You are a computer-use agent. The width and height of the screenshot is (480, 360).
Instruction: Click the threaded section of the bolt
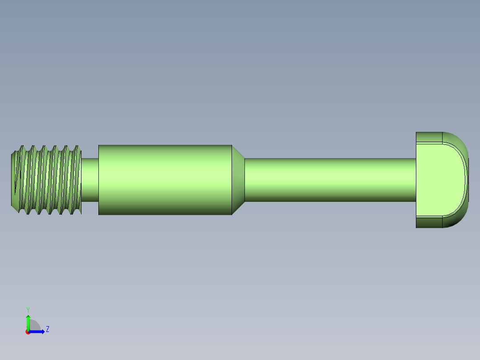point(47,180)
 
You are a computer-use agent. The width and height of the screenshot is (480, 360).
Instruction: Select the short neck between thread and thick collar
point(89,180)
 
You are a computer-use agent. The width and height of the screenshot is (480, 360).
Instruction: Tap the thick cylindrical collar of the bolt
point(165,180)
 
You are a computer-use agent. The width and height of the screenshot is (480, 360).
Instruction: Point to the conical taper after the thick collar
point(238,180)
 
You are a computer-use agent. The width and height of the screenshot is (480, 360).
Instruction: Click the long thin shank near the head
point(329,180)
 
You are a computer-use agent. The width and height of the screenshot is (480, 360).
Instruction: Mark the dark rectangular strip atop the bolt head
point(429,137)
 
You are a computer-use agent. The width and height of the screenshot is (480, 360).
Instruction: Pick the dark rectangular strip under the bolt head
point(429,222)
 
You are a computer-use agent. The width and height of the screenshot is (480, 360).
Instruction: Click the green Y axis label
point(28,309)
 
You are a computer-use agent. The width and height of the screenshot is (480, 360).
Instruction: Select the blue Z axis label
point(47,329)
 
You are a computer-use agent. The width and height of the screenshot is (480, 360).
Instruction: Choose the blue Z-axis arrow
point(37,331)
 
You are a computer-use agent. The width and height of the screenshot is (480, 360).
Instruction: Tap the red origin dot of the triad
point(28,332)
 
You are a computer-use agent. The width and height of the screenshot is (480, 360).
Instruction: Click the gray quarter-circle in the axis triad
point(35,326)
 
